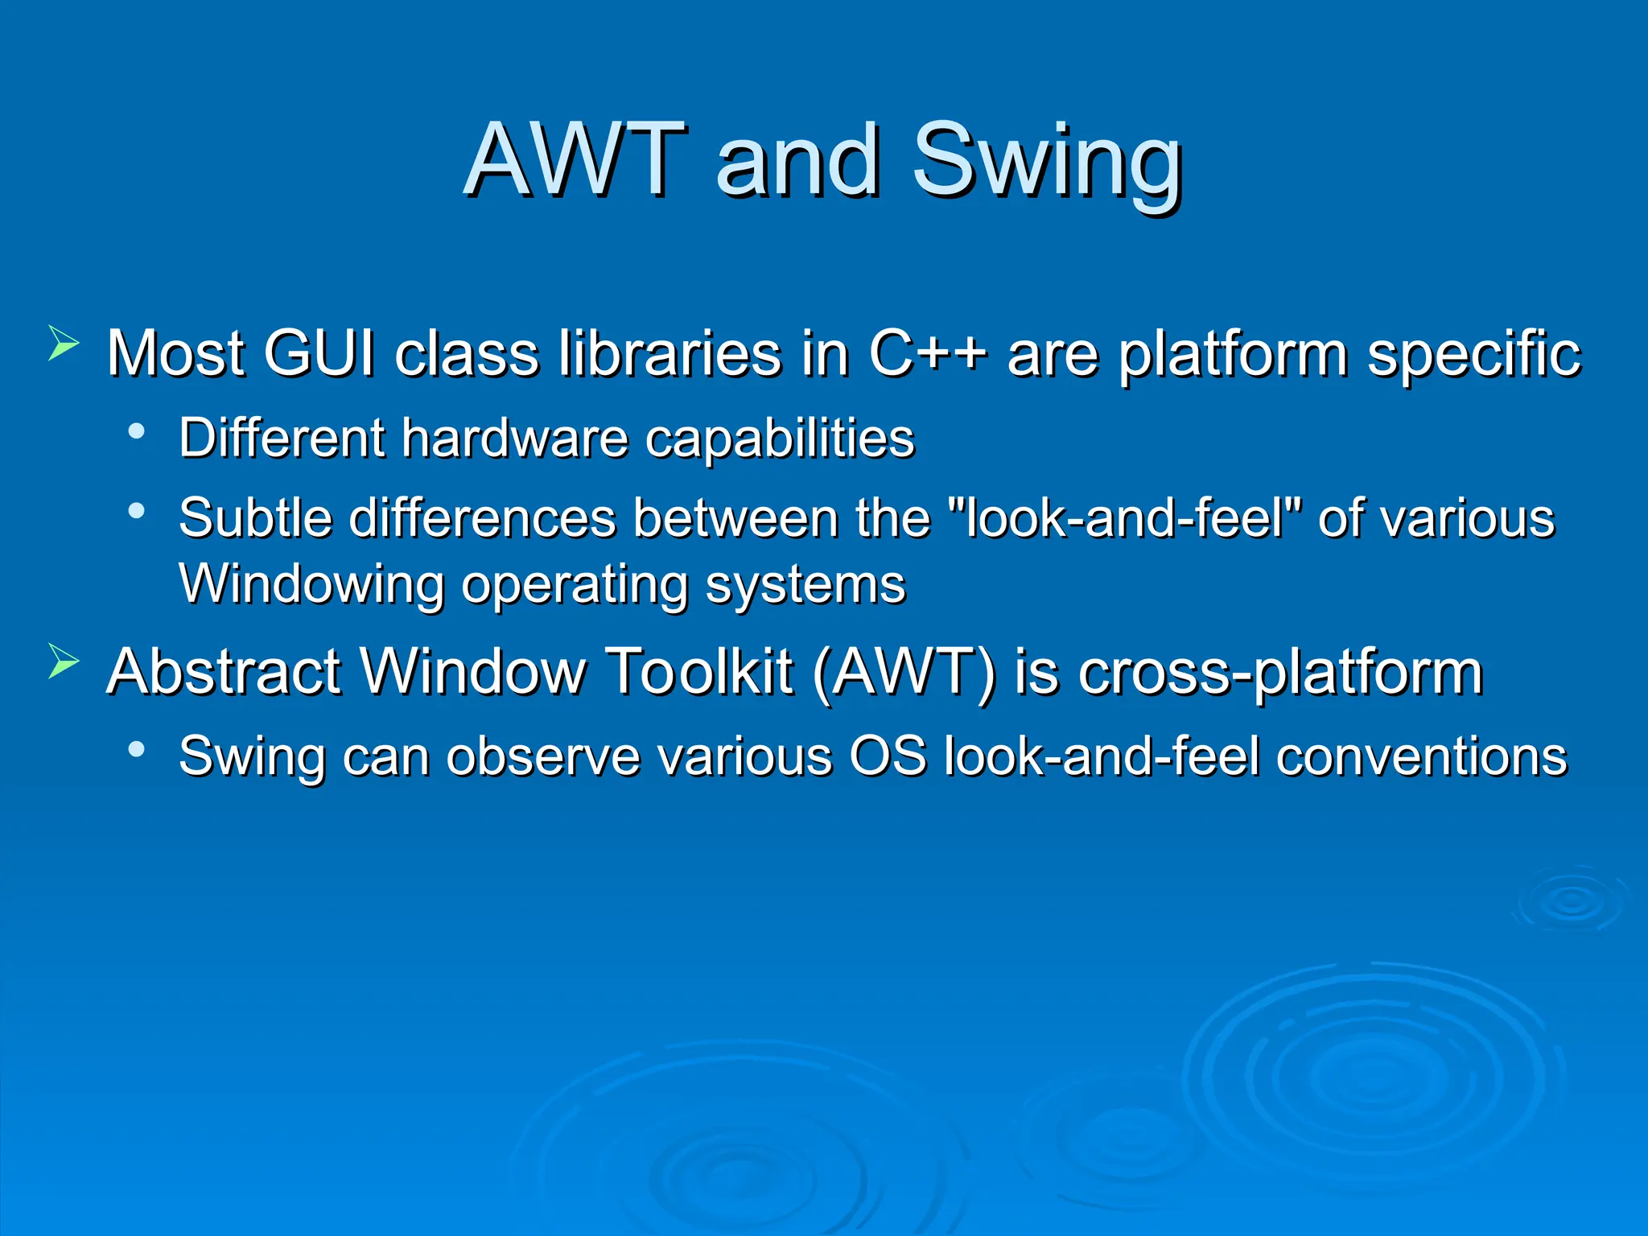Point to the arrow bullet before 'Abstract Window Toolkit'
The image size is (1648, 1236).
(x=64, y=661)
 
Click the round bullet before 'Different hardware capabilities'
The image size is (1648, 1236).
(x=137, y=431)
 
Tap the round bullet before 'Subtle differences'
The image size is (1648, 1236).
(x=137, y=510)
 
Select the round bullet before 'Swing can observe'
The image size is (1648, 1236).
(x=137, y=749)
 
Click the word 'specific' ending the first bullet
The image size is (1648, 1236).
(x=1474, y=354)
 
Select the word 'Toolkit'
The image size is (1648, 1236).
(x=698, y=671)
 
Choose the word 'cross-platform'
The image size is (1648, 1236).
(x=1279, y=673)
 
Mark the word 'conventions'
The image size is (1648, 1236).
(x=1421, y=756)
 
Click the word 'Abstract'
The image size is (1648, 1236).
(x=224, y=671)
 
